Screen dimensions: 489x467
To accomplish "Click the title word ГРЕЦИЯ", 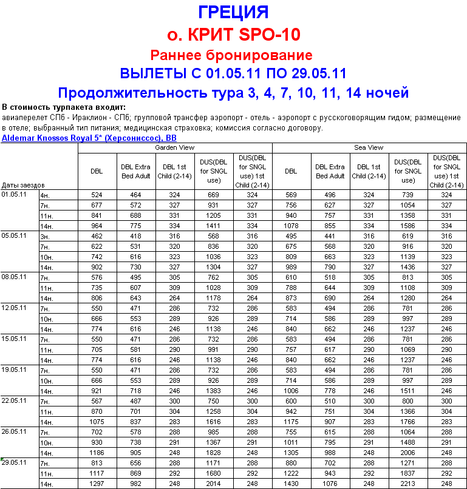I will coord(233,12).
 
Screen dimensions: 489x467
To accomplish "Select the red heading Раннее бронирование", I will coord(231,55).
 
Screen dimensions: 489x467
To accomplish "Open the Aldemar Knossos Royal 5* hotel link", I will coord(89,138).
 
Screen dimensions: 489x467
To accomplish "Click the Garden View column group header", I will coord(175,147).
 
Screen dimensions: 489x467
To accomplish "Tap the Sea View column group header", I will coord(369,147).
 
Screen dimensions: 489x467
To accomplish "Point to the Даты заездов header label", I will coord(23,184).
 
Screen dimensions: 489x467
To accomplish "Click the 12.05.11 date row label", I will coord(15,308).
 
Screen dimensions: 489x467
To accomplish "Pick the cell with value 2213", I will coord(408,484).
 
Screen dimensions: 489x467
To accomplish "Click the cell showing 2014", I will coord(213,484).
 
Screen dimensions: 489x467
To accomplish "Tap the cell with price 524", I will coord(97,195).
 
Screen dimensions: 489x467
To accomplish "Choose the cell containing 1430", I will coord(291,484).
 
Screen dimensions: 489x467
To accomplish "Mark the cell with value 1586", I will coord(408,226).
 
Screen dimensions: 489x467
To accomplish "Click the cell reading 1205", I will coord(213,215).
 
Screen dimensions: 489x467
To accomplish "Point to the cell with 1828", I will coord(213,453).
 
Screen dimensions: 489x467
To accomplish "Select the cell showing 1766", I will coord(408,422).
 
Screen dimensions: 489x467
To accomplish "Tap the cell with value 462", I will coord(97,236).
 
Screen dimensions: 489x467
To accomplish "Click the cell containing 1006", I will coord(291,391).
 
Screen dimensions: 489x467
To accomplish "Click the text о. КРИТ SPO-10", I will coord(233,33).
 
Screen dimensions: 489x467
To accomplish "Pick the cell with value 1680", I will coord(213,473).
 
